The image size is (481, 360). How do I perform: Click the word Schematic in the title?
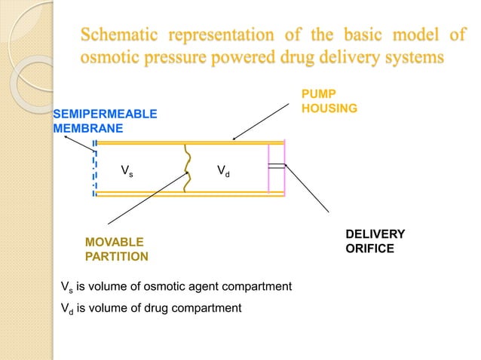tap(120, 35)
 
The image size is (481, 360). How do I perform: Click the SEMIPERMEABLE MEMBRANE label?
tap(105, 121)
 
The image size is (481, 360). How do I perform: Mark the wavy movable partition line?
tap(188, 169)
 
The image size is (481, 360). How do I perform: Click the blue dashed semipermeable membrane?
tap(94, 169)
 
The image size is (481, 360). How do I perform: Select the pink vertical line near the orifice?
tap(268, 169)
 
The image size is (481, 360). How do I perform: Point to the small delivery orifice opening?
tap(277, 166)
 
